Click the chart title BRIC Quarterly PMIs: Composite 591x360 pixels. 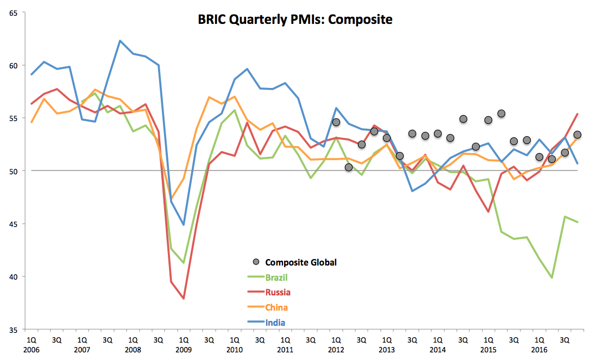pos(295,20)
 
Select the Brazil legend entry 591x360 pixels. pos(277,277)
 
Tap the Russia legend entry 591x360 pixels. pos(278,292)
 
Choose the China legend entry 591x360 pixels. pos(276,307)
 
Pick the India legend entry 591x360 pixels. pos(275,323)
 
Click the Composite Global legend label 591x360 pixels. pos(301,262)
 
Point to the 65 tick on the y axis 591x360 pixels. pos(13,13)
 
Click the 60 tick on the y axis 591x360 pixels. pos(13,66)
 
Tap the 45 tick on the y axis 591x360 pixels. pos(13,224)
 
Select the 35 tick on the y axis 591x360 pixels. pos(13,330)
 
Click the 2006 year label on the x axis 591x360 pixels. pos(31,350)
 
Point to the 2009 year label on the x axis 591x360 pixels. pos(184,350)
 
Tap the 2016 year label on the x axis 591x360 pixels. pos(539,350)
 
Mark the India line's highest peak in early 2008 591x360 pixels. pos(120,41)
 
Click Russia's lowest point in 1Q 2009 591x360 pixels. pos(184,299)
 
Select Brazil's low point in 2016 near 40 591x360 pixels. pos(552,277)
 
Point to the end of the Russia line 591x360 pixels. pos(577,114)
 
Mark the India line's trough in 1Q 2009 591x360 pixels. pos(184,224)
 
